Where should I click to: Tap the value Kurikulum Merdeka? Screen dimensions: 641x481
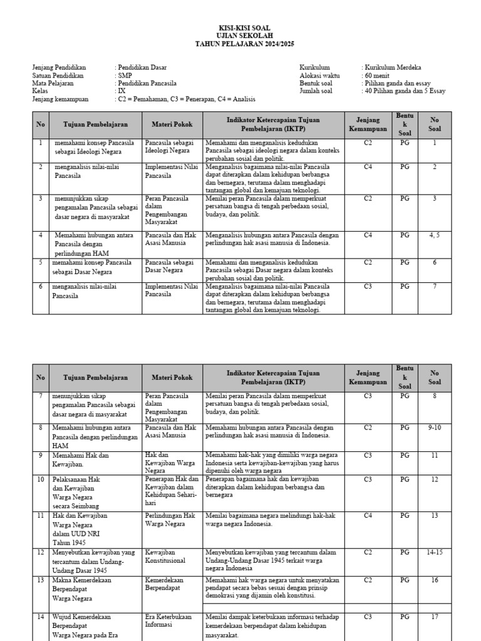pos(393,67)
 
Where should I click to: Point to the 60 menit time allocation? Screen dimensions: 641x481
pos(376,75)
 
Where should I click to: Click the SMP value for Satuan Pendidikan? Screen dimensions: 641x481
pos(124,75)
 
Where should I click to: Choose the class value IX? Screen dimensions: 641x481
pos(122,91)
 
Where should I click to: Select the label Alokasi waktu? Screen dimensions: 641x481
pos(319,75)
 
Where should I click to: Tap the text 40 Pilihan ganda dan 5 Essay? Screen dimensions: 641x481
pos(403,91)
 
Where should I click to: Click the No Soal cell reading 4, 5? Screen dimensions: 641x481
pos(435,235)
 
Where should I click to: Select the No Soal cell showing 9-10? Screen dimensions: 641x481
pos(435,427)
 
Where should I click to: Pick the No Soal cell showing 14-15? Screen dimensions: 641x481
pos(435,553)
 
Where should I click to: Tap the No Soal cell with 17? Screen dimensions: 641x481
pos(435,617)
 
